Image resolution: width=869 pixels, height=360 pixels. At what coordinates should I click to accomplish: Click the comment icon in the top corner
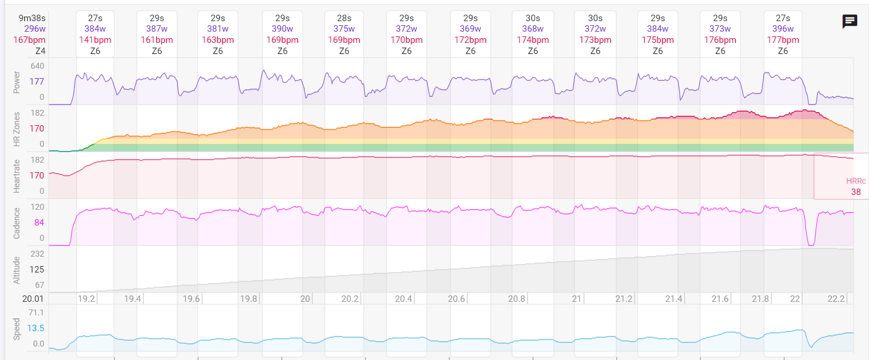click(850, 22)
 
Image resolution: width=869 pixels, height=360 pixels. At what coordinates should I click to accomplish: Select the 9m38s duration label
click(32, 18)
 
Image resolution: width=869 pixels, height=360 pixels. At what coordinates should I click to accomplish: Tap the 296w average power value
click(35, 29)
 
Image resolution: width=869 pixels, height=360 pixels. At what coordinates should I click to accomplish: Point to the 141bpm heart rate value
click(95, 40)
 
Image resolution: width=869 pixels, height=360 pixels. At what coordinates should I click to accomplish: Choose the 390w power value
click(282, 29)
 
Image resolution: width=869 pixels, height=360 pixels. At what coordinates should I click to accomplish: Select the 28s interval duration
click(344, 18)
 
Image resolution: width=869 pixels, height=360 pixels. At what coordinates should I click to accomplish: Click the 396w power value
click(783, 29)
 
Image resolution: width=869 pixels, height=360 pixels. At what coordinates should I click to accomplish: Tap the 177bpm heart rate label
click(783, 40)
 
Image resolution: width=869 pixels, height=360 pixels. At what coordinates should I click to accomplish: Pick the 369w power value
click(470, 29)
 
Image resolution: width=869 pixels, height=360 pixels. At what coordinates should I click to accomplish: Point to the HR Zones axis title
click(16, 128)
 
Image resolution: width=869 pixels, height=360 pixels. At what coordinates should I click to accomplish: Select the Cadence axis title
click(16, 223)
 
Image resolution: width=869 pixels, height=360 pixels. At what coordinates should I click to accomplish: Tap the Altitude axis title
click(16, 270)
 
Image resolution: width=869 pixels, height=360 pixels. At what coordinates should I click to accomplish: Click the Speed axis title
click(16, 328)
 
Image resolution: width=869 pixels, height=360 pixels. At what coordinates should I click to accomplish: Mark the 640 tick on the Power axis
click(37, 66)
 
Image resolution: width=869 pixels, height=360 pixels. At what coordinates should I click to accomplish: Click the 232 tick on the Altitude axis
click(37, 254)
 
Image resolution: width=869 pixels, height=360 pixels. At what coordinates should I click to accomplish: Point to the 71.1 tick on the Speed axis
click(36, 312)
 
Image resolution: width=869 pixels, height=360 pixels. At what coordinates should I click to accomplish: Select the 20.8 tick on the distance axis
click(516, 299)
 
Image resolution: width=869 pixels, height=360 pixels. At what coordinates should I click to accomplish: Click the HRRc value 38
click(855, 192)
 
